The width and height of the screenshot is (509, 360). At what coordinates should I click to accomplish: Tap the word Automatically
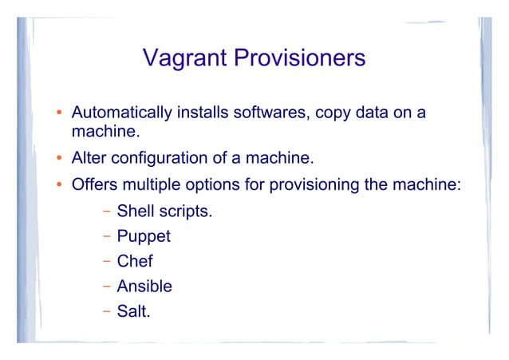click(x=121, y=113)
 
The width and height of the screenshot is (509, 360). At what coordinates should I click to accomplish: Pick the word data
click(x=375, y=113)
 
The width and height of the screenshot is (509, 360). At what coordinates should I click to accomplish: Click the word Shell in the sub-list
click(x=136, y=212)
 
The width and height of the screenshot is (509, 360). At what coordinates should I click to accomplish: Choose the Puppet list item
click(x=144, y=237)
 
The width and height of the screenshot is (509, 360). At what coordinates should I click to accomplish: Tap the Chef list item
click(x=135, y=261)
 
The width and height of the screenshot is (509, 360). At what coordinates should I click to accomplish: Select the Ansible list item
click(x=144, y=286)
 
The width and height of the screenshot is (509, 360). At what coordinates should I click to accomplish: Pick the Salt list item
click(x=133, y=311)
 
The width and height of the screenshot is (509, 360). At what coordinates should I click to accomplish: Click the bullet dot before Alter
click(x=59, y=156)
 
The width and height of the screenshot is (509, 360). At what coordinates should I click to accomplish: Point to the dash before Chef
click(x=106, y=262)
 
